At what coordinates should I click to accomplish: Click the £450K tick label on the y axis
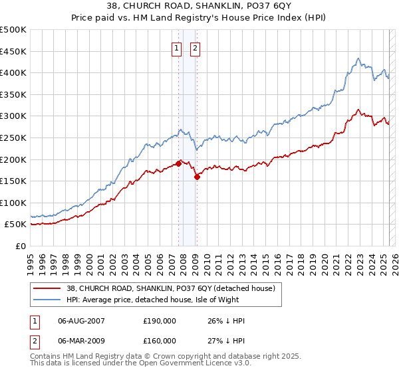coord(13,51)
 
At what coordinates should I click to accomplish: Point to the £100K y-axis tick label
coord(13,203)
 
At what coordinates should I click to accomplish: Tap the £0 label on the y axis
coord(20,246)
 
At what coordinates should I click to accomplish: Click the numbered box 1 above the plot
coord(177,48)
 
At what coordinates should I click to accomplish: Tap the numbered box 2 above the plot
coord(196,48)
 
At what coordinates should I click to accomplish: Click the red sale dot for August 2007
coord(178,163)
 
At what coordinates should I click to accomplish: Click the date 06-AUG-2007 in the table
coord(81,321)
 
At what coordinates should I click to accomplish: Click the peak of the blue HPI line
coord(358,58)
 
